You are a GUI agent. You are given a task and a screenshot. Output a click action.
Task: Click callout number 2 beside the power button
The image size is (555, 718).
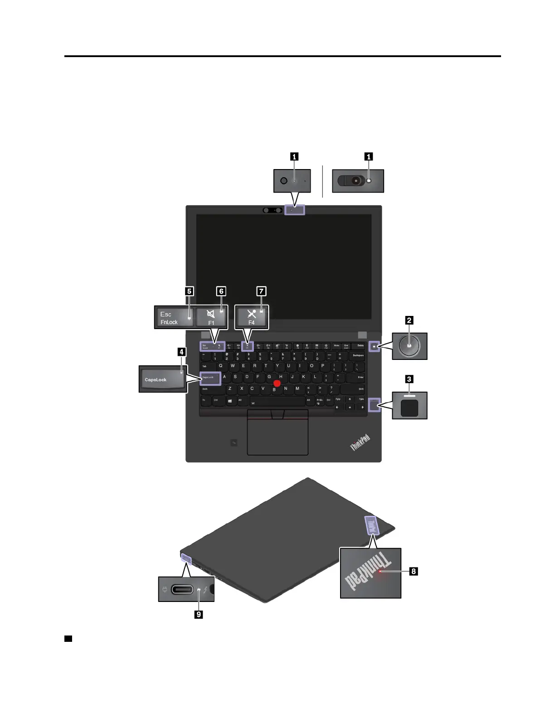409,320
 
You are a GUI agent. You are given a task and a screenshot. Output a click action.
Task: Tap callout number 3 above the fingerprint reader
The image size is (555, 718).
409,379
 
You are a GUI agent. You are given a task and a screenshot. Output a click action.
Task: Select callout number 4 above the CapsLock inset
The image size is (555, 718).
181,352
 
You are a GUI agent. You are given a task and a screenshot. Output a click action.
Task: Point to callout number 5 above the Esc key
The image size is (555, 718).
190,291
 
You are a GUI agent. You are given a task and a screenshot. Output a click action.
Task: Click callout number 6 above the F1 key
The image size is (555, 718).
221,291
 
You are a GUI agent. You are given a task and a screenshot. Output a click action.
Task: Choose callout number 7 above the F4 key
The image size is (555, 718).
261,291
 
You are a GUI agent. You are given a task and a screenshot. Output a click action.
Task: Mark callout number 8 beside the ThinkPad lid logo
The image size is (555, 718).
414,571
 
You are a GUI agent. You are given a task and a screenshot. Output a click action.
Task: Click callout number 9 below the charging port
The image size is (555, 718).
199,614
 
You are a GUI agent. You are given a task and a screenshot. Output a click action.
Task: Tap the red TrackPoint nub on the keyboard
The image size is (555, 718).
277,383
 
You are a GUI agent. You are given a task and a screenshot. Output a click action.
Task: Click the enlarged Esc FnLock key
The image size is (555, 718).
174,317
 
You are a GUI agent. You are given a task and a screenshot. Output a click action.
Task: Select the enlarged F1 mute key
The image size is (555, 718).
211,317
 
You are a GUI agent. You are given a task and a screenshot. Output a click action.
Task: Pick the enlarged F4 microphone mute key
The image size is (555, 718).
252,317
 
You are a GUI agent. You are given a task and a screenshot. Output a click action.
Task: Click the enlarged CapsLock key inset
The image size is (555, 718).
163,379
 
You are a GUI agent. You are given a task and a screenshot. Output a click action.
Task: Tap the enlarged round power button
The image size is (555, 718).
409,346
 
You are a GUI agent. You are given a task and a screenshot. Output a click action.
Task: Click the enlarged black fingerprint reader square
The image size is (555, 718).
409,408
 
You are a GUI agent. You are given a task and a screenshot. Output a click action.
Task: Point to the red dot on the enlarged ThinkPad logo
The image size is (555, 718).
380,572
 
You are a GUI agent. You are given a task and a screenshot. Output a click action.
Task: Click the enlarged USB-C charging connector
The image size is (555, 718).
182,590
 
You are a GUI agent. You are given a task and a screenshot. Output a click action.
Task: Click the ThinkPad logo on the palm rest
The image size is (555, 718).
360,442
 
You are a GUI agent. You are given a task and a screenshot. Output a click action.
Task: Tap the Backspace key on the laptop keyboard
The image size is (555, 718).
358,355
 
